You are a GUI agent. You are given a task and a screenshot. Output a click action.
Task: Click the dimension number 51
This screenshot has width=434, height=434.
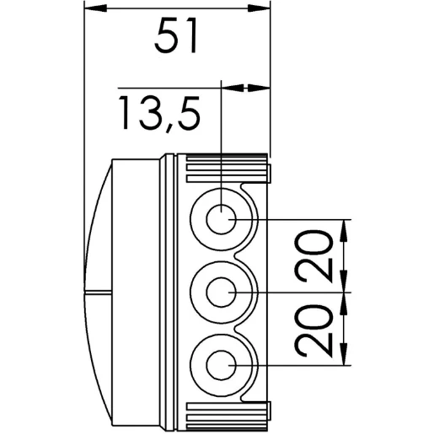(x=177, y=38)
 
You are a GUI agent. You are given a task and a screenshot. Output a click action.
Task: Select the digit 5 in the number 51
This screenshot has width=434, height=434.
(x=165, y=38)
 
